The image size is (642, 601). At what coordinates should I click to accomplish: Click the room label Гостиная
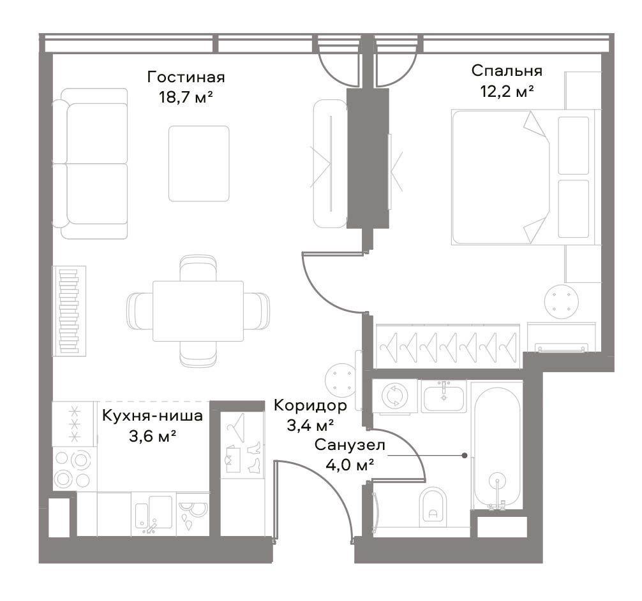[x=186, y=77]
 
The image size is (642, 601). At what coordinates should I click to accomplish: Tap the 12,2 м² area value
[x=507, y=92]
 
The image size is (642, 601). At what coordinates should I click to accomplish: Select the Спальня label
[x=507, y=71]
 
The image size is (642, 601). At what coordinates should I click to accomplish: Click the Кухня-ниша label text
[x=153, y=416]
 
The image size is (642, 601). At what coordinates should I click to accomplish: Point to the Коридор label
[x=310, y=405]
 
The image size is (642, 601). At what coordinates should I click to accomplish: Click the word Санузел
[x=350, y=445]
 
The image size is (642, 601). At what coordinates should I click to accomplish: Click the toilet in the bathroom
[x=433, y=507]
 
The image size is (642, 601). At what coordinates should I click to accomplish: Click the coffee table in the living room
[x=199, y=164]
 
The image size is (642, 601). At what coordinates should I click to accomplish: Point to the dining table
[x=198, y=311]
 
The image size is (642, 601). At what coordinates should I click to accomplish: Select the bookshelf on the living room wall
[x=69, y=311]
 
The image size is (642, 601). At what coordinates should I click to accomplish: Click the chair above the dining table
[x=198, y=268]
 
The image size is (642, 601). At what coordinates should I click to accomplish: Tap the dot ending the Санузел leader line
[x=465, y=456]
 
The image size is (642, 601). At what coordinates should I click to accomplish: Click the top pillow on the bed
[x=573, y=145]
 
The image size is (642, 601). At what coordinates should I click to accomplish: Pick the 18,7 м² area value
[x=186, y=98]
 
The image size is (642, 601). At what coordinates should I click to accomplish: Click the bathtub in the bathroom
[x=498, y=447]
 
